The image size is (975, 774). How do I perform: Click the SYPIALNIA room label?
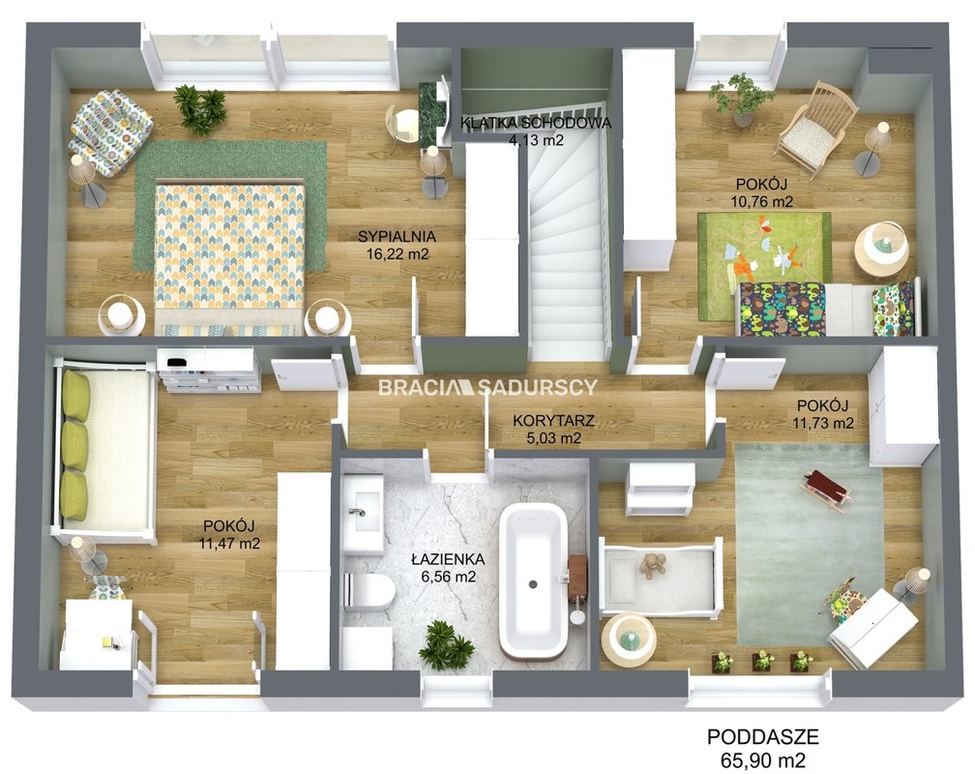397,236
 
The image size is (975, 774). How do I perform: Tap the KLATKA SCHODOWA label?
536,123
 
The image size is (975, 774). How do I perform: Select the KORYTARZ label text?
553,421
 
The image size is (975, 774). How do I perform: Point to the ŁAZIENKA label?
449,558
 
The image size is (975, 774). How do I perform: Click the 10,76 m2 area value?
762,201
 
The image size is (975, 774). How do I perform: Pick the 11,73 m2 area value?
823,423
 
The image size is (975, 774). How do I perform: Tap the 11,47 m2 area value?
229,543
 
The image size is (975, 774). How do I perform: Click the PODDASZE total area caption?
763,737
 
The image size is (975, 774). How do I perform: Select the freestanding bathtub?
533,581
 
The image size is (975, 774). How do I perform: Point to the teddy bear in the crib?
653,565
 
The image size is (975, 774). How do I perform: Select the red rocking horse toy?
825,489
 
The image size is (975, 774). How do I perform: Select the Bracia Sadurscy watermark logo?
487,388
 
